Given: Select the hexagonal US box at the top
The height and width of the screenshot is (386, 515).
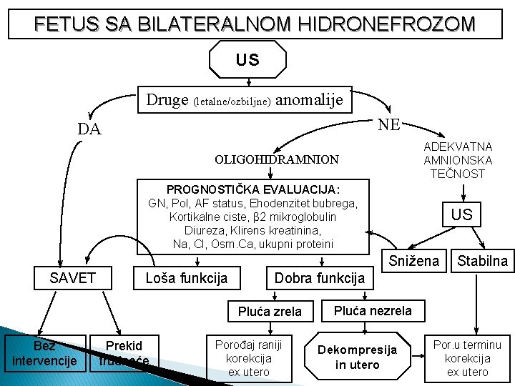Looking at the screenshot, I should pos(247,60).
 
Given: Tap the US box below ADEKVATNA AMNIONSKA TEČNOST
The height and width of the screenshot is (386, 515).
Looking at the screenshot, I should pos(461,214).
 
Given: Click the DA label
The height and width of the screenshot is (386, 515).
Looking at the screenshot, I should pos(89,129).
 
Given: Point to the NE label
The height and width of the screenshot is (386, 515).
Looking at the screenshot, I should pos(389,124).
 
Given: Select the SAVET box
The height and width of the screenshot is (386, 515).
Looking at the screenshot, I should pos(72,277).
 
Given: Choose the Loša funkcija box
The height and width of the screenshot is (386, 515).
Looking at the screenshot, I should pos(186,277).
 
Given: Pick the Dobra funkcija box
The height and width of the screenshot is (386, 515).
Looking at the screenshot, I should pos(320,277).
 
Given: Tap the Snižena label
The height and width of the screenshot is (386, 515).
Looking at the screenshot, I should pos(414,261).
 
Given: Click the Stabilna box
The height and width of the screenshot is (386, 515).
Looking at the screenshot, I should pos(483,261).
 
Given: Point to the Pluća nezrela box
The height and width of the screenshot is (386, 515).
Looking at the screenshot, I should pos(373,310).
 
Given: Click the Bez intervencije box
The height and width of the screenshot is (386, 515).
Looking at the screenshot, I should pos(44,352).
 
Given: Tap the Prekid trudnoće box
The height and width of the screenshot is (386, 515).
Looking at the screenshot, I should pos(124,353).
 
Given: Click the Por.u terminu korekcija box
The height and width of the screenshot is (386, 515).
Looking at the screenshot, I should pos(468,357).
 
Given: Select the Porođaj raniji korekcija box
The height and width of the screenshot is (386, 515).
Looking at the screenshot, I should pos(248,358).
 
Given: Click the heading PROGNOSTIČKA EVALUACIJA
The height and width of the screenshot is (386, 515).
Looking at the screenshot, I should pos(253,189).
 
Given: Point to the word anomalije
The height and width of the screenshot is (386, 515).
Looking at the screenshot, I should pos(309,99).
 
